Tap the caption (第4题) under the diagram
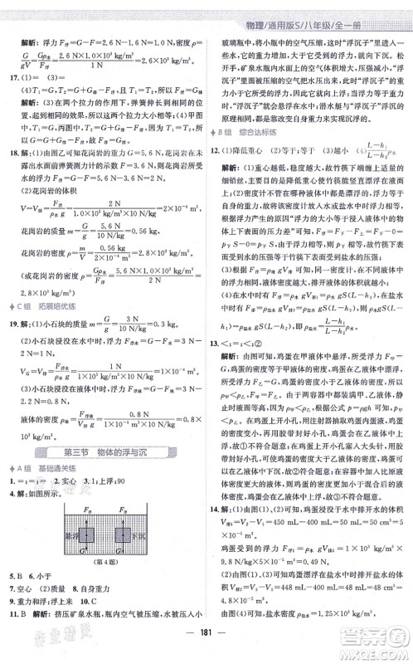[102, 566]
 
